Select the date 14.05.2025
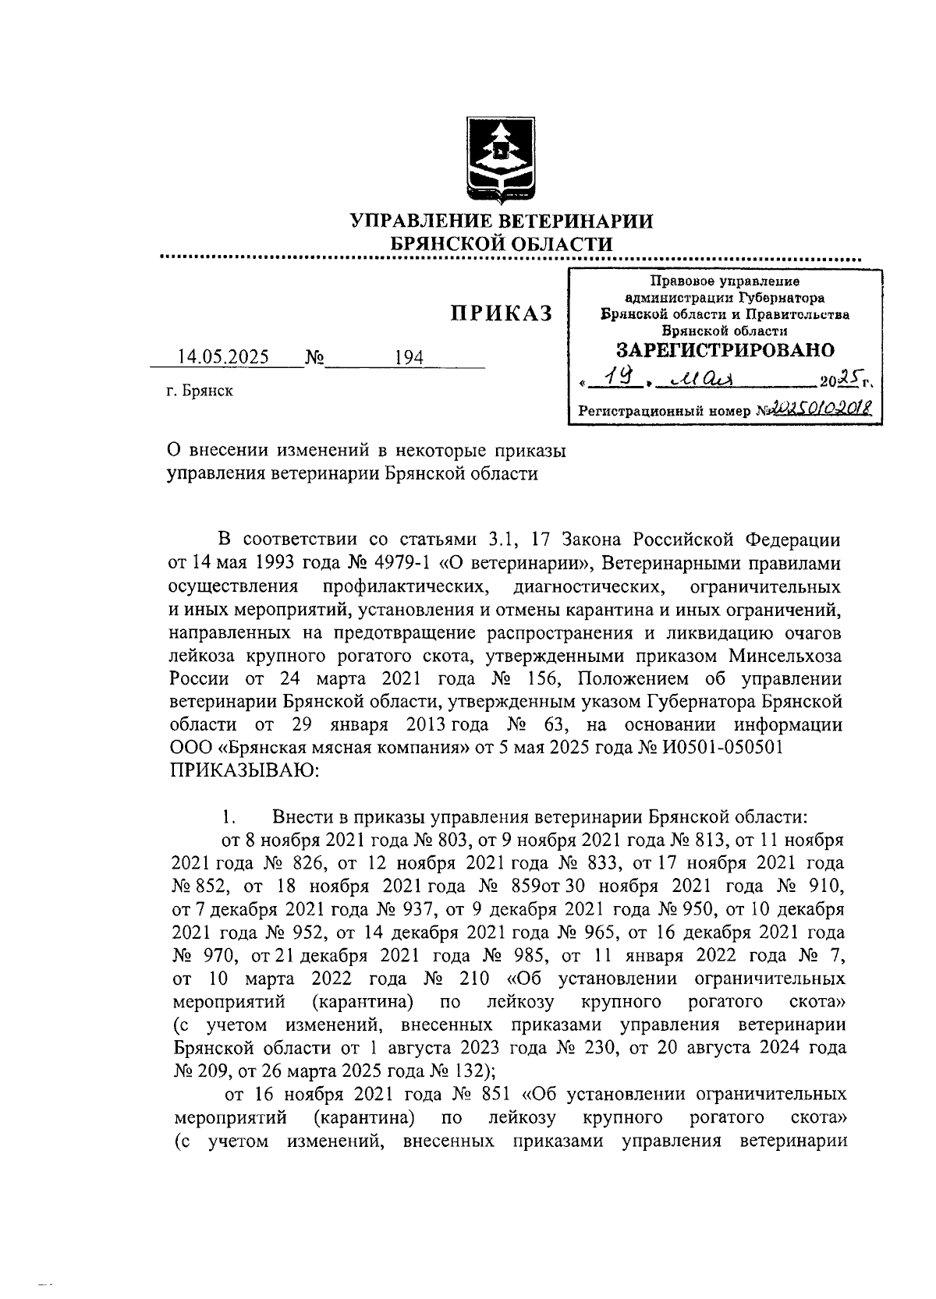click(x=223, y=357)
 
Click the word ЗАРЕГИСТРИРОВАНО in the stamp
click(x=725, y=349)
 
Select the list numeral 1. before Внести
click(x=228, y=817)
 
